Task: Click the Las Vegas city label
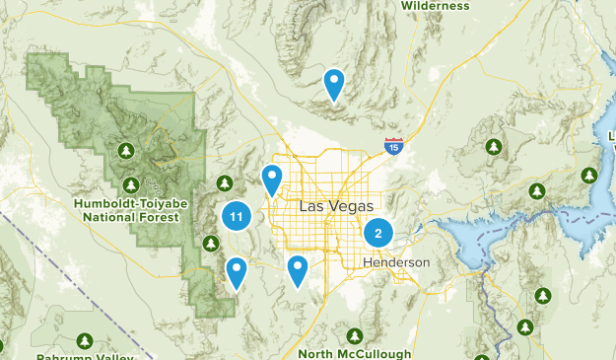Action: click(x=336, y=206)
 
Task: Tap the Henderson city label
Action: click(x=396, y=263)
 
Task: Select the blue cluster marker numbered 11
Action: click(x=236, y=216)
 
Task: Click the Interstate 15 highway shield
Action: click(x=393, y=146)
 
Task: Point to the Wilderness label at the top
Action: click(x=435, y=5)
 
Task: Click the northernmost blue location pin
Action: click(x=335, y=83)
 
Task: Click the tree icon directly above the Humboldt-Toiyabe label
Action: click(x=132, y=184)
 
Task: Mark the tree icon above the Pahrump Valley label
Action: click(x=83, y=340)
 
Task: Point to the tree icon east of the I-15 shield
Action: click(x=493, y=147)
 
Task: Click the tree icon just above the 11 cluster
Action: click(x=225, y=183)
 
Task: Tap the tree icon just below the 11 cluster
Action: click(x=210, y=243)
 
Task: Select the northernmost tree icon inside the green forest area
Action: click(x=126, y=150)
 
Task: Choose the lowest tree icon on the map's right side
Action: click(x=525, y=326)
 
